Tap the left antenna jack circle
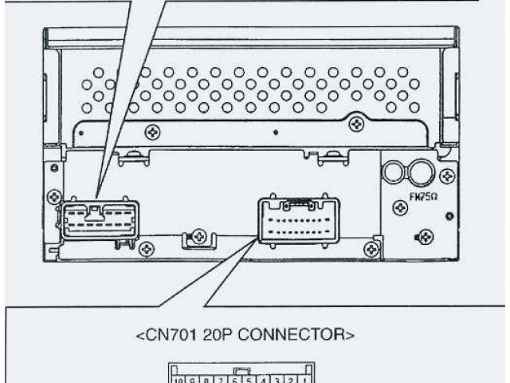[394, 172]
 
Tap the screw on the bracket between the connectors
[199, 235]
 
